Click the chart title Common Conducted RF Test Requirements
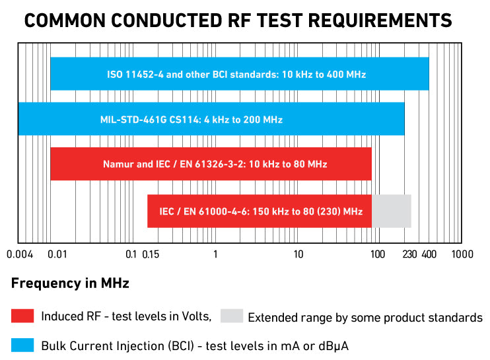pyautogui.click(x=238, y=20)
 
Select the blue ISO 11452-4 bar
pyautogui.click(x=239, y=74)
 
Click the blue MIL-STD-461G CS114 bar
pyautogui.click(x=211, y=120)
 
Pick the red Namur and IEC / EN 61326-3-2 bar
pyautogui.click(x=211, y=164)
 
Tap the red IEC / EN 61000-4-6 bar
pyautogui.click(x=260, y=211)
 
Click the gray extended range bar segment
pyautogui.click(x=392, y=211)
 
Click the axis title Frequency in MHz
pyautogui.click(x=70, y=284)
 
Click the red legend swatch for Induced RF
pyautogui.click(x=22, y=316)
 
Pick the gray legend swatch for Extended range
pyautogui.click(x=232, y=316)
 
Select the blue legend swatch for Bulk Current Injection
pyautogui.click(x=22, y=345)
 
